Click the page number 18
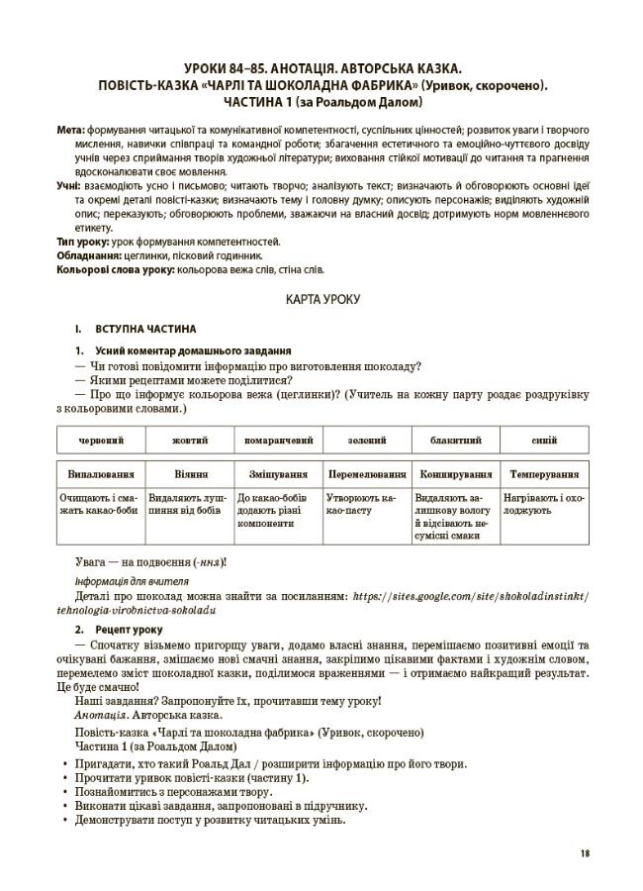586,853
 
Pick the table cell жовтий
189,440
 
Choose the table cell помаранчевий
278,440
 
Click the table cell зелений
367,440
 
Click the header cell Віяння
189,474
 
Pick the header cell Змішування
278,474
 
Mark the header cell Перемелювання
367,474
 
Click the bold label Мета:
71,130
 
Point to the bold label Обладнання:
88,254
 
